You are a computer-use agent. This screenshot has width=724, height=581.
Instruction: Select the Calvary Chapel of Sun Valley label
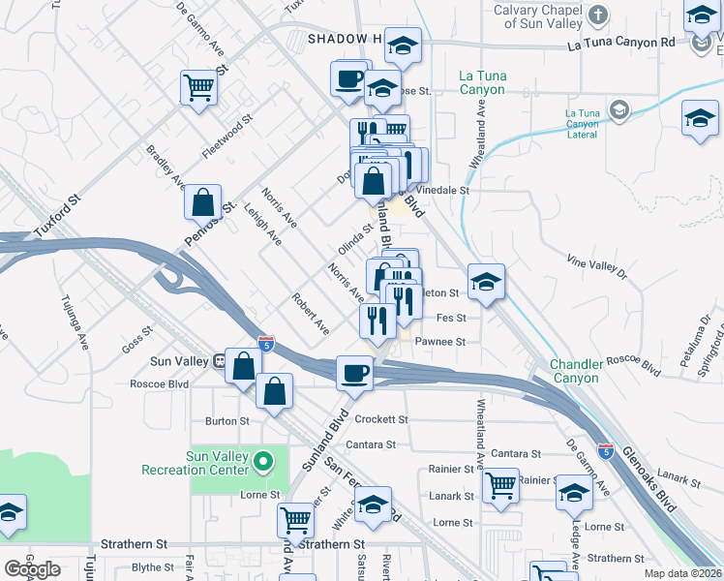(537, 15)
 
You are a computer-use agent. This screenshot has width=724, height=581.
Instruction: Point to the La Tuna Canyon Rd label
(620, 44)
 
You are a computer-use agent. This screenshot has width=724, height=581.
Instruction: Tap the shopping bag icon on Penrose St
(202, 203)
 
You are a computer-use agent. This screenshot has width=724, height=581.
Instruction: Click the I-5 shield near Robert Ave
(266, 345)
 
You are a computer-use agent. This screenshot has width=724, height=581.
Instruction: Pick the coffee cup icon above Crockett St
(355, 373)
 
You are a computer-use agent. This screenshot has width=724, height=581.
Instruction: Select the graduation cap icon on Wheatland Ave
(486, 282)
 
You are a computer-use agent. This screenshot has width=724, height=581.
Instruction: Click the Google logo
(32, 569)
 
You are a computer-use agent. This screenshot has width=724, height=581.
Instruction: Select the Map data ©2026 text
(682, 573)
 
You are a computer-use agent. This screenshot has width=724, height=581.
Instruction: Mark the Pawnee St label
(440, 342)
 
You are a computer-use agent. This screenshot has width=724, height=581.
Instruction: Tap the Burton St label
(226, 421)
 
